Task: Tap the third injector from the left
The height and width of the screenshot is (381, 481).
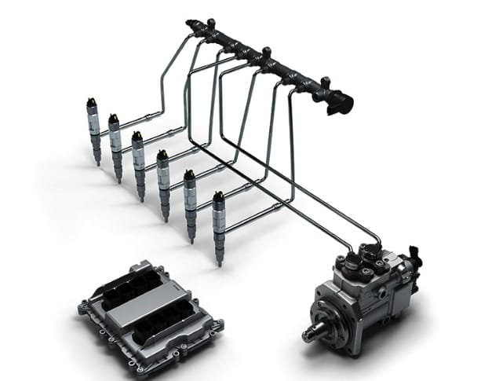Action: [x=139, y=161]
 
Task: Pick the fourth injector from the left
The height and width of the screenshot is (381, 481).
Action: [x=163, y=181]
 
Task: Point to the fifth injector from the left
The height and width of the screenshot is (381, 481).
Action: [x=190, y=201]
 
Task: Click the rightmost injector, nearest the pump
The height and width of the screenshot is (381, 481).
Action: [x=219, y=223]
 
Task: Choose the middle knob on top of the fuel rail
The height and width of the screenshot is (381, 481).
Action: [x=265, y=54]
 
